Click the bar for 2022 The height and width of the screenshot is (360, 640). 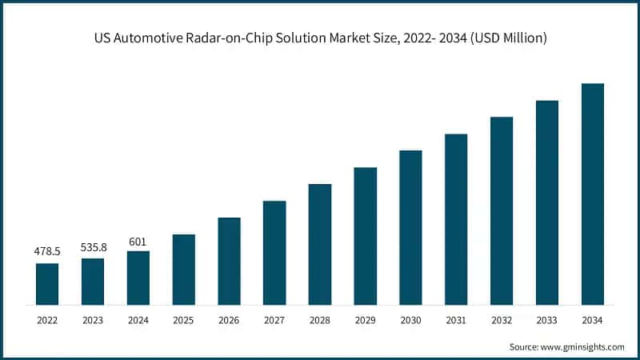click(47, 284)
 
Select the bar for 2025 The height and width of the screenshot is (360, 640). click(184, 270)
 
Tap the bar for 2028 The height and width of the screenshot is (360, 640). click(320, 244)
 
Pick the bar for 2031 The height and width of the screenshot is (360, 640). click(456, 219)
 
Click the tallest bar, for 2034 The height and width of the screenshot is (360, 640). click(592, 194)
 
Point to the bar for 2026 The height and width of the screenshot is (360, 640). click(229, 261)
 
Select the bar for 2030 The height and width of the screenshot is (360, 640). click(410, 227)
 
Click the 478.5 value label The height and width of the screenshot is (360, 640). click(47, 251)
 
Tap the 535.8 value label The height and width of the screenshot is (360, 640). click(93, 247)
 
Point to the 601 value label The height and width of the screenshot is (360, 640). click(138, 240)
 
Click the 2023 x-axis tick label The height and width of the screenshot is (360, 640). click(93, 320)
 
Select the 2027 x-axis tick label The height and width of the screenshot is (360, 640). click(274, 320)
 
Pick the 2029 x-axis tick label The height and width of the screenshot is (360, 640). click(365, 320)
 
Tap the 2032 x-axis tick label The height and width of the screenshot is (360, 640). click(502, 320)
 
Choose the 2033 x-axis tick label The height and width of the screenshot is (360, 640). click(547, 320)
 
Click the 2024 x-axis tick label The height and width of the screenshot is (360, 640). click(138, 320)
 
